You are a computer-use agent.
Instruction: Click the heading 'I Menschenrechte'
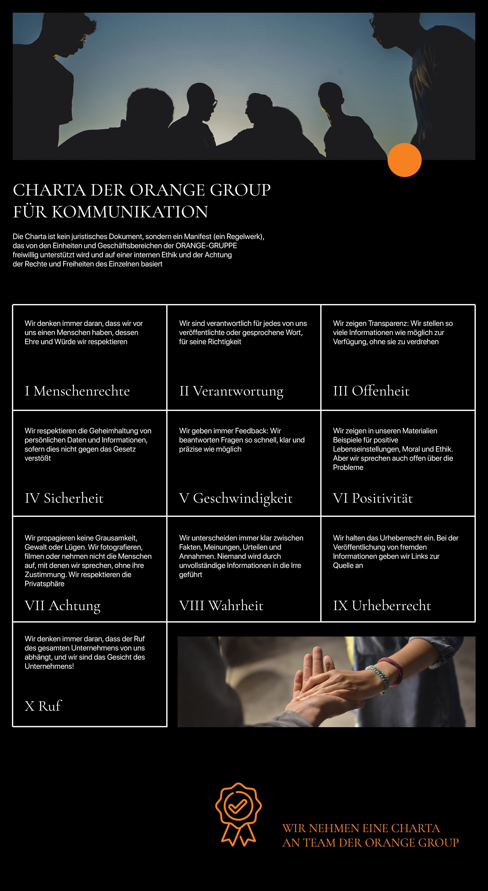coord(77,391)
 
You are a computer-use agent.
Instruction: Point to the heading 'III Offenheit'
coord(371,391)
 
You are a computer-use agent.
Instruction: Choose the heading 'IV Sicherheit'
coord(64,498)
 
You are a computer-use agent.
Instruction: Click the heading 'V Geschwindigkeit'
coord(236,498)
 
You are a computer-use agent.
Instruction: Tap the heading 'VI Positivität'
coord(373,498)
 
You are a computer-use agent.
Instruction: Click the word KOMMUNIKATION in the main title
coord(130,212)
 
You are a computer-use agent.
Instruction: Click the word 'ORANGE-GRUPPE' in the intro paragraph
coord(206,246)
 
